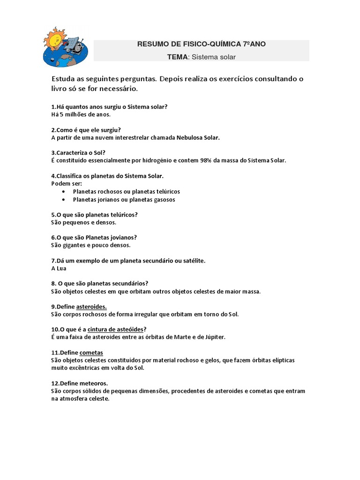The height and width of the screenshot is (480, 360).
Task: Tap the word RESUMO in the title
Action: click(x=152, y=44)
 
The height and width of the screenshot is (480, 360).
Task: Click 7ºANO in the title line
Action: click(x=254, y=44)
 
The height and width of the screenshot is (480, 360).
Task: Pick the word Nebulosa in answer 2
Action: click(x=190, y=137)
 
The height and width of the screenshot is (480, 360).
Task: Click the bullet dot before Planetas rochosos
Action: click(x=64, y=192)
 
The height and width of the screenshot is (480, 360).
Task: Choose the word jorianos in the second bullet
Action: click(x=109, y=199)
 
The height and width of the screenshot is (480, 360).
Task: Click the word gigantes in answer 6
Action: click(x=75, y=245)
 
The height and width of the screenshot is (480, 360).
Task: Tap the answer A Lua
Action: click(x=59, y=268)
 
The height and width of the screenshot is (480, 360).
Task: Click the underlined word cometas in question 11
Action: click(x=91, y=352)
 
